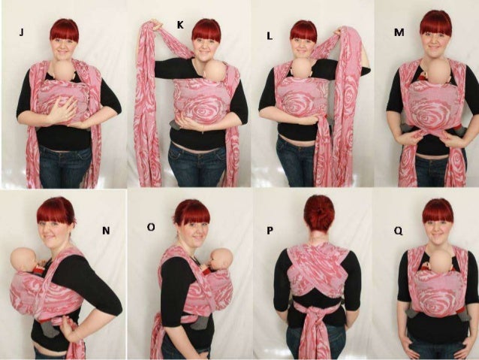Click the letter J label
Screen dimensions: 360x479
23,32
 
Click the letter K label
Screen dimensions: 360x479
180,25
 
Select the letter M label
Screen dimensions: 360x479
399,33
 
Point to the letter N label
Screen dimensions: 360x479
106,231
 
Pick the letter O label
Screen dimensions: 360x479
151,225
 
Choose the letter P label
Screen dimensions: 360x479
270,230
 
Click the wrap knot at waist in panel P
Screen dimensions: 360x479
313,308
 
